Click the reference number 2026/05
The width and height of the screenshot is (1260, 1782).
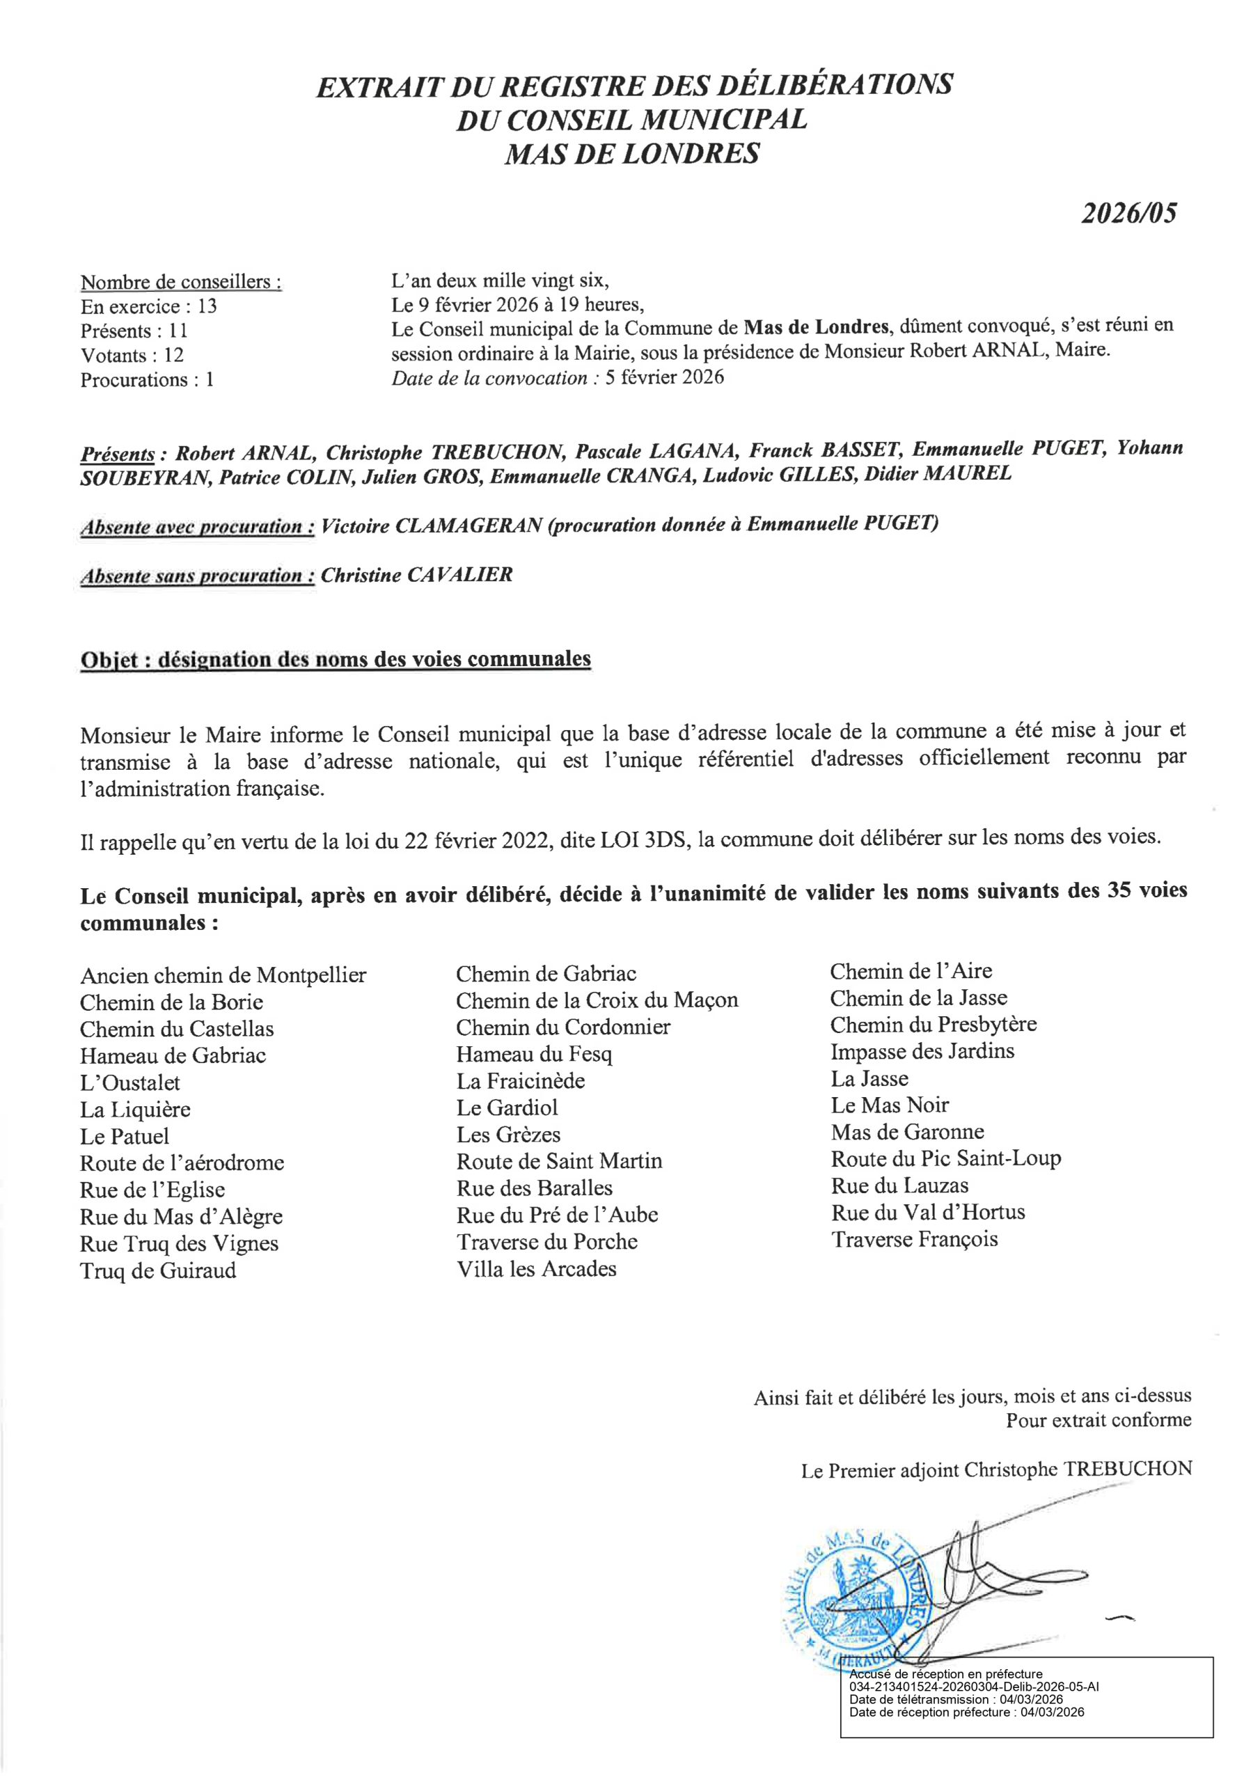(1129, 214)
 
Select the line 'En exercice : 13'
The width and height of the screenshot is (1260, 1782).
(148, 306)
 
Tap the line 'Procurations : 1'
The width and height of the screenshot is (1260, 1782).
(147, 379)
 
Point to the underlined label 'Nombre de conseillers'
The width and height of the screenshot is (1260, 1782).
(181, 282)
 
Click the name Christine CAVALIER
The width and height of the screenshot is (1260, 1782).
(417, 575)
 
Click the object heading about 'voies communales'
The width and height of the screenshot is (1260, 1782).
(336, 660)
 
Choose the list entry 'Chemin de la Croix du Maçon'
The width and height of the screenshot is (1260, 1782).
(597, 1000)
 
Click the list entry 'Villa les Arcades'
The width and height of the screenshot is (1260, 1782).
(537, 1269)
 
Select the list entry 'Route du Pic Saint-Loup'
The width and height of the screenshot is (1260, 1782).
(945, 1159)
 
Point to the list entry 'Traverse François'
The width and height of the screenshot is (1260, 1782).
(915, 1239)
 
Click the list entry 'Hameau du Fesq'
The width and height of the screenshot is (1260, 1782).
(534, 1054)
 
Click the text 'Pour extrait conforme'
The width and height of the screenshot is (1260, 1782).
(1098, 1420)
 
